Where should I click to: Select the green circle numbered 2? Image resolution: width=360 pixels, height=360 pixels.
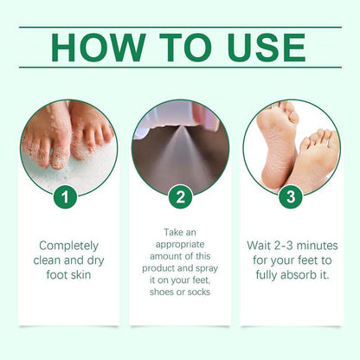pyautogui.click(x=179, y=196)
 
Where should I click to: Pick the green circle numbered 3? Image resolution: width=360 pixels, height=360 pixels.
pyautogui.click(x=290, y=196)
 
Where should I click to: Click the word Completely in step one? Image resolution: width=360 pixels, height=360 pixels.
pyautogui.click(x=68, y=246)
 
